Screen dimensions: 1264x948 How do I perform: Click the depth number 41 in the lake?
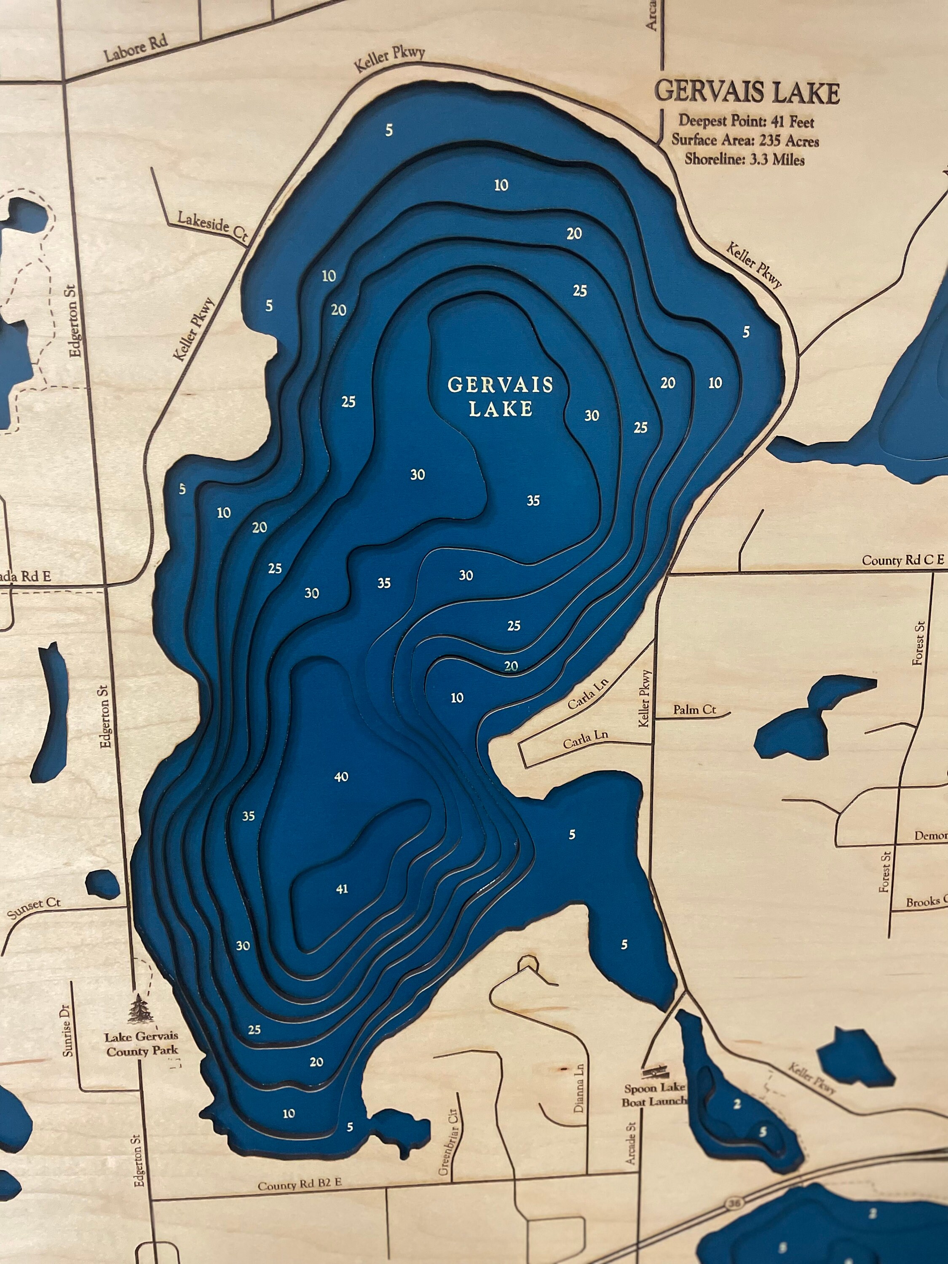pyautogui.click(x=342, y=889)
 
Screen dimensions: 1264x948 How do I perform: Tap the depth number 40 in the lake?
pyautogui.click(x=341, y=777)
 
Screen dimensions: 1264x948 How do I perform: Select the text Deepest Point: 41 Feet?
pyautogui.click(x=746, y=121)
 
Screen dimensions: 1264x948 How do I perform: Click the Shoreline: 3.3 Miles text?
pyautogui.click(x=744, y=159)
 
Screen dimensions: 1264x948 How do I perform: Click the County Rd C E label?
pyautogui.click(x=903, y=560)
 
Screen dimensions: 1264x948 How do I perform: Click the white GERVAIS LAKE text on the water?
pyautogui.click(x=500, y=396)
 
